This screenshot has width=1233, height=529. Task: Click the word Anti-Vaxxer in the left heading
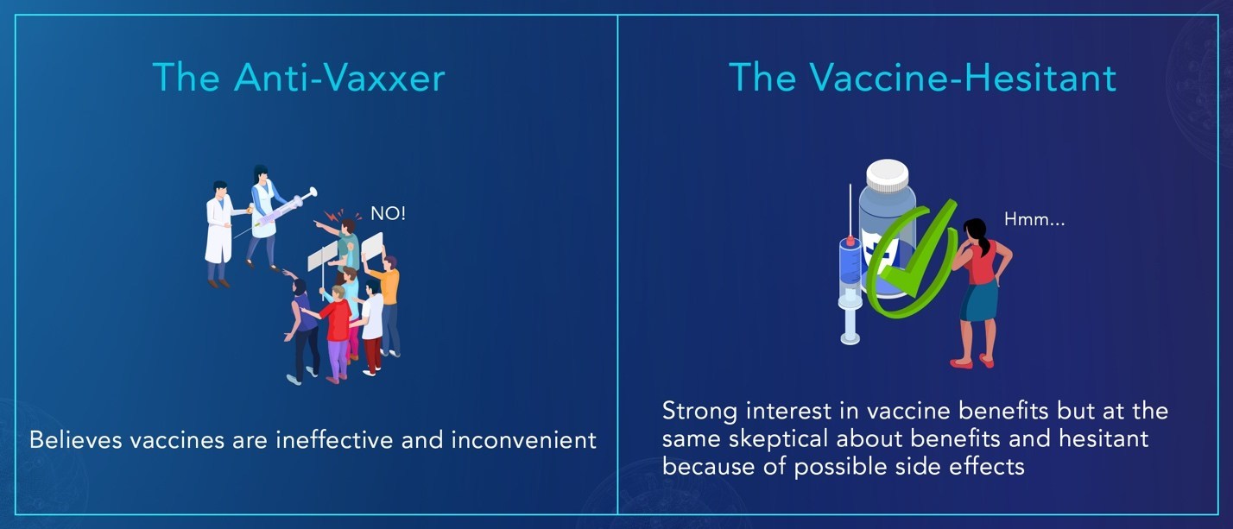(x=339, y=78)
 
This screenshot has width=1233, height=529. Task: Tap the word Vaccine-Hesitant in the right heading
(x=963, y=78)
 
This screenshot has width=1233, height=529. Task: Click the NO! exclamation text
(x=388, y=213)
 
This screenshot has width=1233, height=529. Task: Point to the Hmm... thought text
(x=1034, y=219)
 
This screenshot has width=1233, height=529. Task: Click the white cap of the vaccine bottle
(x=888, y=175)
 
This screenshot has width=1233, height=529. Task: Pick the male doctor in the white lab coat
(x=221, y=234)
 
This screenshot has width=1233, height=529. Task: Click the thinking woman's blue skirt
(x=978, y=300)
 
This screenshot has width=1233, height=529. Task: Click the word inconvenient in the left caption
(x=523, y=440)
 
